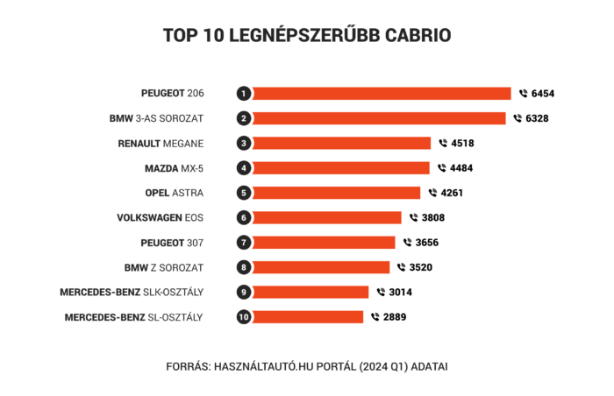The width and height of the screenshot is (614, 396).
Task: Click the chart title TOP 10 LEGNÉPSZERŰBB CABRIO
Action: pyautogui.click(x=307, y=35)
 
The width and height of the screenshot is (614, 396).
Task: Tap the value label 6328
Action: pyautogui.click(x=537, y=118)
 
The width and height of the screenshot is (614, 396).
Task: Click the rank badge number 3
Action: pyautogui.click(x=244, y=143)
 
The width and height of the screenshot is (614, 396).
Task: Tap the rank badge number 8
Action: pyautogui.click(x=244, y=267)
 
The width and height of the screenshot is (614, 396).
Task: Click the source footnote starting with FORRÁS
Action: pyautogui.click(x=307, y=366)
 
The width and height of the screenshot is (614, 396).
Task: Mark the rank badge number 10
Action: pyautogui.click(x=244, y=317)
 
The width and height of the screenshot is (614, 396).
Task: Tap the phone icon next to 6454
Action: pyautogui.click(x=524, y=93)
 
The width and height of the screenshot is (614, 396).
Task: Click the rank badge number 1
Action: pyautogui.click(x=244, y=93)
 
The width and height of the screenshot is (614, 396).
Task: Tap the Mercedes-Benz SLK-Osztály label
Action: pyautogui.click(x=132, y=292)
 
